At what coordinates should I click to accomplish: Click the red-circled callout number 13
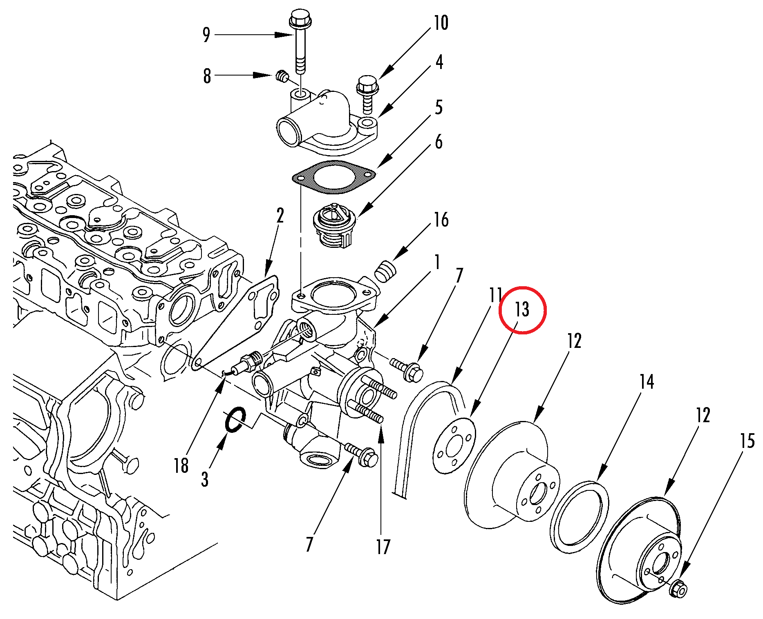pos(522,309)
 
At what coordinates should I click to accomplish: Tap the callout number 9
pos(206,35)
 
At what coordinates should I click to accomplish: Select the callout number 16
pos(441,220)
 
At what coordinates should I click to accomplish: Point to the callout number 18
pos(181,465)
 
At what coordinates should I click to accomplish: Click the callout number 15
pos(747,441)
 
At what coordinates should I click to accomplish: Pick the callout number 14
pos(647,382)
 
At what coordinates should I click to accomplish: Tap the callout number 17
pos(383,547)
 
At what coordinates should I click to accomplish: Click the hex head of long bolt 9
pos(300,18)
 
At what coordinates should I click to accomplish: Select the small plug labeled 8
pos(282,76)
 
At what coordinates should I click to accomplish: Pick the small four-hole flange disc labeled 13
pos(454,445)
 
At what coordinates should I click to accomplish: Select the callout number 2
pos(280,216)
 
